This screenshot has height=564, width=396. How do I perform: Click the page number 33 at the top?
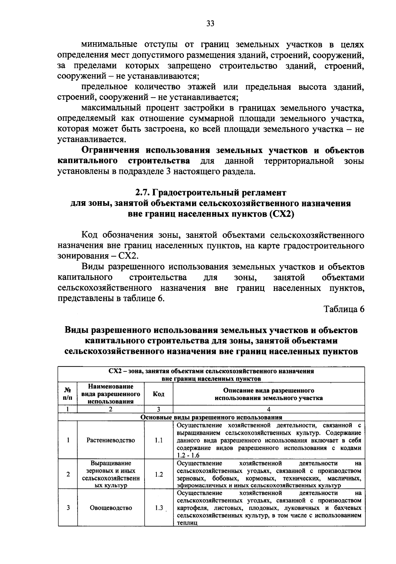click(x=210, y=23)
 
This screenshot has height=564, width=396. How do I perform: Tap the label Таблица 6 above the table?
click(x=344, y=309)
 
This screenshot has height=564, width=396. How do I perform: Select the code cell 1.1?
click(x=159, y=440)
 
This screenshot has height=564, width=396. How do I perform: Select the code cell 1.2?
click(x=159, y=474)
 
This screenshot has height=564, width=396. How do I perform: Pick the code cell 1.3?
click(x=159, y=508)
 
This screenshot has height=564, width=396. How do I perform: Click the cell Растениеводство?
click(x=111, y=440)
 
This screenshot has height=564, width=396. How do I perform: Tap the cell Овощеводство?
click(x=111, y=508)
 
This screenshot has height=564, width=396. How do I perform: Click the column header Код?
click(x=159, y=394)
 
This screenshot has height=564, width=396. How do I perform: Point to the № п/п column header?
click(x=68, y=394)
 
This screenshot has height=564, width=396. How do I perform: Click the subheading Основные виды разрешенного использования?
click(x=211, y=417)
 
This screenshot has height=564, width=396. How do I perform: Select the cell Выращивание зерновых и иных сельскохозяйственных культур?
click(x=111, y=474)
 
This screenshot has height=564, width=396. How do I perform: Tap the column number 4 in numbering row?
click(x=269, y=409)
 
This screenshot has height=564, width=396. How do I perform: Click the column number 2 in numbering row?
click(x=111, y=409)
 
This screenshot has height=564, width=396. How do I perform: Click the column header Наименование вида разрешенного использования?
click(x=111, y=394)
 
